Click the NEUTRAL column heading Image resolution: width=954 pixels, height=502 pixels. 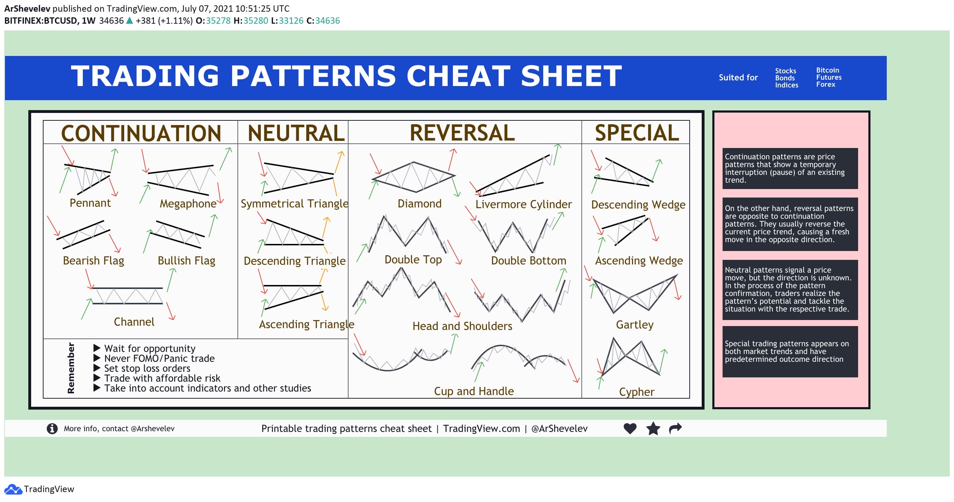296,133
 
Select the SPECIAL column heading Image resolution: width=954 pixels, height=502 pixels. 637,133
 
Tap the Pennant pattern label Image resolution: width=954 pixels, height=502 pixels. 90,203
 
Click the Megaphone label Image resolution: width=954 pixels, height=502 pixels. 188,204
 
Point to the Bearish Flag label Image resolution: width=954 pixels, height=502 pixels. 93,261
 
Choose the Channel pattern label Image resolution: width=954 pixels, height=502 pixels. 134,321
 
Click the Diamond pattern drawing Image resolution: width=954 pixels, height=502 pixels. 414,177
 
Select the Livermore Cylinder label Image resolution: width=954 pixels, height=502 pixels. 523,204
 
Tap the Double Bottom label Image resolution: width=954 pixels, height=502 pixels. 528,261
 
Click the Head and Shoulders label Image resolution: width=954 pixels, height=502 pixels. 462,326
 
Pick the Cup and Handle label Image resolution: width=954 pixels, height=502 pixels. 474,391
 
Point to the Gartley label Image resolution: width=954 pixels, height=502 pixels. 634,325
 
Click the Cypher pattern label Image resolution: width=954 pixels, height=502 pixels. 636,392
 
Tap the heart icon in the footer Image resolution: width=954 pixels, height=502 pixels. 630,428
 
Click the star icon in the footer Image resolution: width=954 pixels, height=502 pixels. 653,429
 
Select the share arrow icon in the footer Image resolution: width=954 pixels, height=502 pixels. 675,428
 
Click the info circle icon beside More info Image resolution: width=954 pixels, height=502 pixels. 52,429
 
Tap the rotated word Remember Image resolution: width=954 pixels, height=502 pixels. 71,368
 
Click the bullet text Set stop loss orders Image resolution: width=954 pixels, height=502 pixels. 147,368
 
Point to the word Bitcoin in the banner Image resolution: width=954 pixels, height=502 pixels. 827,70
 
